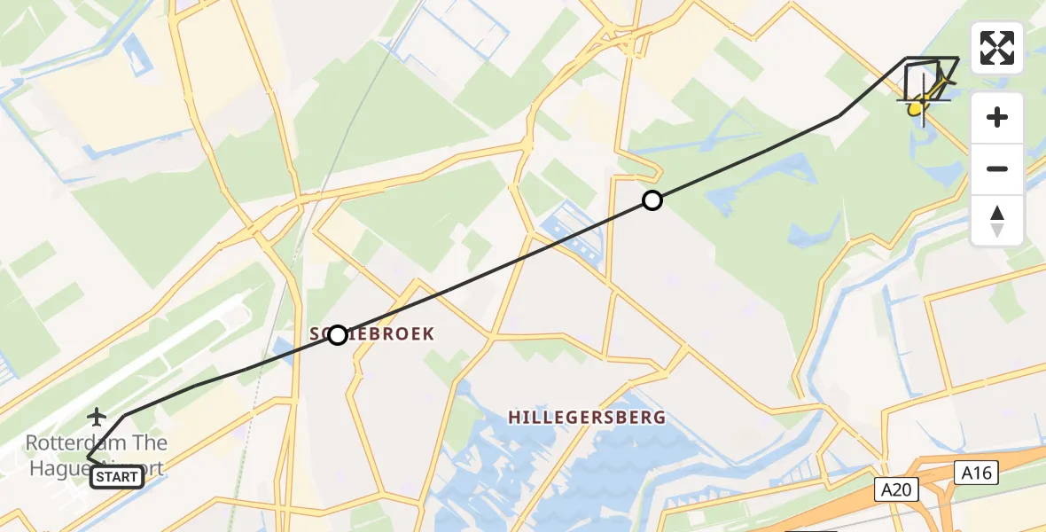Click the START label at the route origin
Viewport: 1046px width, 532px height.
coord(117,477)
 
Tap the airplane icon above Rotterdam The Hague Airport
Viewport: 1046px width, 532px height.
coord(97,416)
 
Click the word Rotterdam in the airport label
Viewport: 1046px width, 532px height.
coord(72,443)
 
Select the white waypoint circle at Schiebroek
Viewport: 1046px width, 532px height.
coord(338,335)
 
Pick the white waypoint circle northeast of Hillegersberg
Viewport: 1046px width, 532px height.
coord(652,200)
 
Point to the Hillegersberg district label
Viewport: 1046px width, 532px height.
coord(587,418)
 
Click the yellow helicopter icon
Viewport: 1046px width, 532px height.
coord(927,92)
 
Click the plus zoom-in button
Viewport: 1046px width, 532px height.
coord(997,117)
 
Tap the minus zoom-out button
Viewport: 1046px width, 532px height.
coord(997,168)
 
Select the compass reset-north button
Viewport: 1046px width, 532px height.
coord(997,220)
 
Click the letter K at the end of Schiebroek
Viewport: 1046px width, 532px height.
coord(428,334)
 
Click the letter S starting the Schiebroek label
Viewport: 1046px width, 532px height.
coord(315,334)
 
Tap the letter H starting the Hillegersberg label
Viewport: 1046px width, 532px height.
coord(514,418)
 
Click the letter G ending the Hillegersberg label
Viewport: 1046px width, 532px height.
coord(659,418)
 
